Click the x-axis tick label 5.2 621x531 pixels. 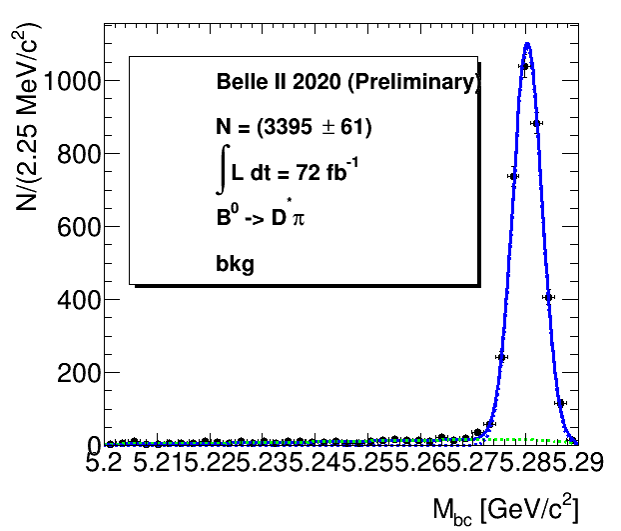tap(104, 463)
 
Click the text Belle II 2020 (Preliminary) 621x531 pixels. tap(347, 83)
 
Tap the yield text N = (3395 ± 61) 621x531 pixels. tap(294, 127)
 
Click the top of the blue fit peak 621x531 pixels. tap(526, 43)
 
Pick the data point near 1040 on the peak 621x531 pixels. tap(524, 67)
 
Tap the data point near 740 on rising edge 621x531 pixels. tap(513, 176)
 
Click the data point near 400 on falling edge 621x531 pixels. tap(548, 297)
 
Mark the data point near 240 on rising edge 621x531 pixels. tap(501, 357)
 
